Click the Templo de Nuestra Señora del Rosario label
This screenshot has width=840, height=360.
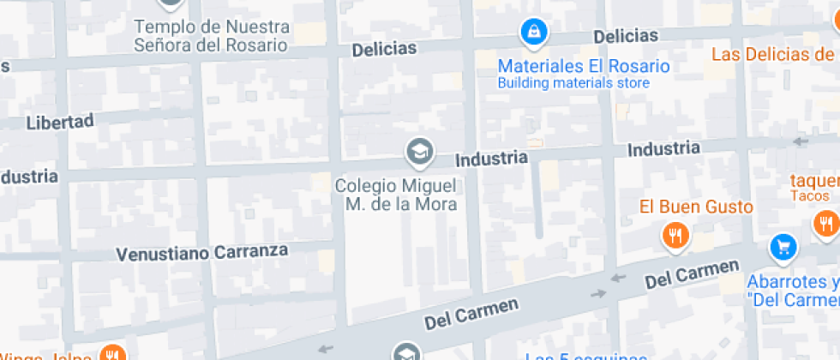[211, 36]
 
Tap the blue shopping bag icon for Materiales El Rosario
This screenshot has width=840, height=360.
[534, 33]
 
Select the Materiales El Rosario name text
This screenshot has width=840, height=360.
[584, 66]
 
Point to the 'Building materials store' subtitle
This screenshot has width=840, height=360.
[573, 83]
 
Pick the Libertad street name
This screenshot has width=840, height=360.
[59, 122]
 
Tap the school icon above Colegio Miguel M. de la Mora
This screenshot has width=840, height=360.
[419, 153]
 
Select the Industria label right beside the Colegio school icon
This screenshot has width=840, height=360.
[490, 159]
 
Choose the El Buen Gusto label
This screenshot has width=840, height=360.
[696, 207]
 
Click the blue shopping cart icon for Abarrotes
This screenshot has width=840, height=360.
[783, 248]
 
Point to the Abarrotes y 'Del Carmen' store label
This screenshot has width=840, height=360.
[793, 291]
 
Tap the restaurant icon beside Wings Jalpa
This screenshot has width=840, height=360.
[111, 353]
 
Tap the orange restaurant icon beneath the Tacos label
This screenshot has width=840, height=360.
[826, 225]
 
